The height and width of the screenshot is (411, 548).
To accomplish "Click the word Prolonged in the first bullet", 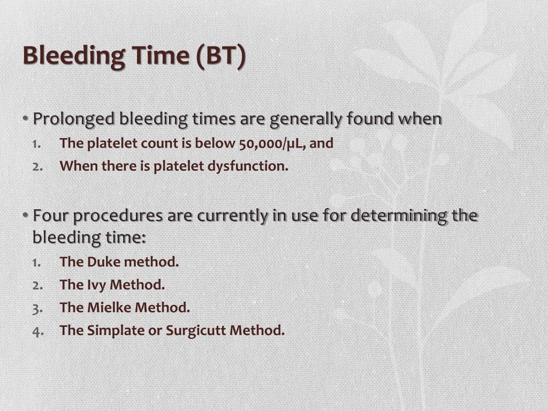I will point(74,119).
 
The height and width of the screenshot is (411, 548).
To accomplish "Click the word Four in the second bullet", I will point(51,216).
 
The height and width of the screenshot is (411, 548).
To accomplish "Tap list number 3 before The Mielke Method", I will point(37,308).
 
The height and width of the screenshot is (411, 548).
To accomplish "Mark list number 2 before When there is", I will point(37,166).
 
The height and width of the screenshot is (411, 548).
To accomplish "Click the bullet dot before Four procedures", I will point(26,216).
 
